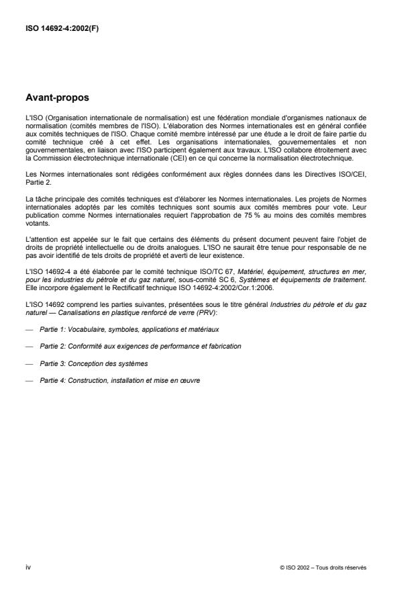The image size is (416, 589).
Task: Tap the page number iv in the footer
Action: pyautogui.click(x=28, y=568)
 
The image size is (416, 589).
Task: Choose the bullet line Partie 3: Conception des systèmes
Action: pyautogui.click(x=93, y=363)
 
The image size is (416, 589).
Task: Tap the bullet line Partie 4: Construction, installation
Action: pyautogui.click(x=119, y=379)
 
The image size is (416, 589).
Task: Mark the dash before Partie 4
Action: pyautogui.click(x=28, y=379)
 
